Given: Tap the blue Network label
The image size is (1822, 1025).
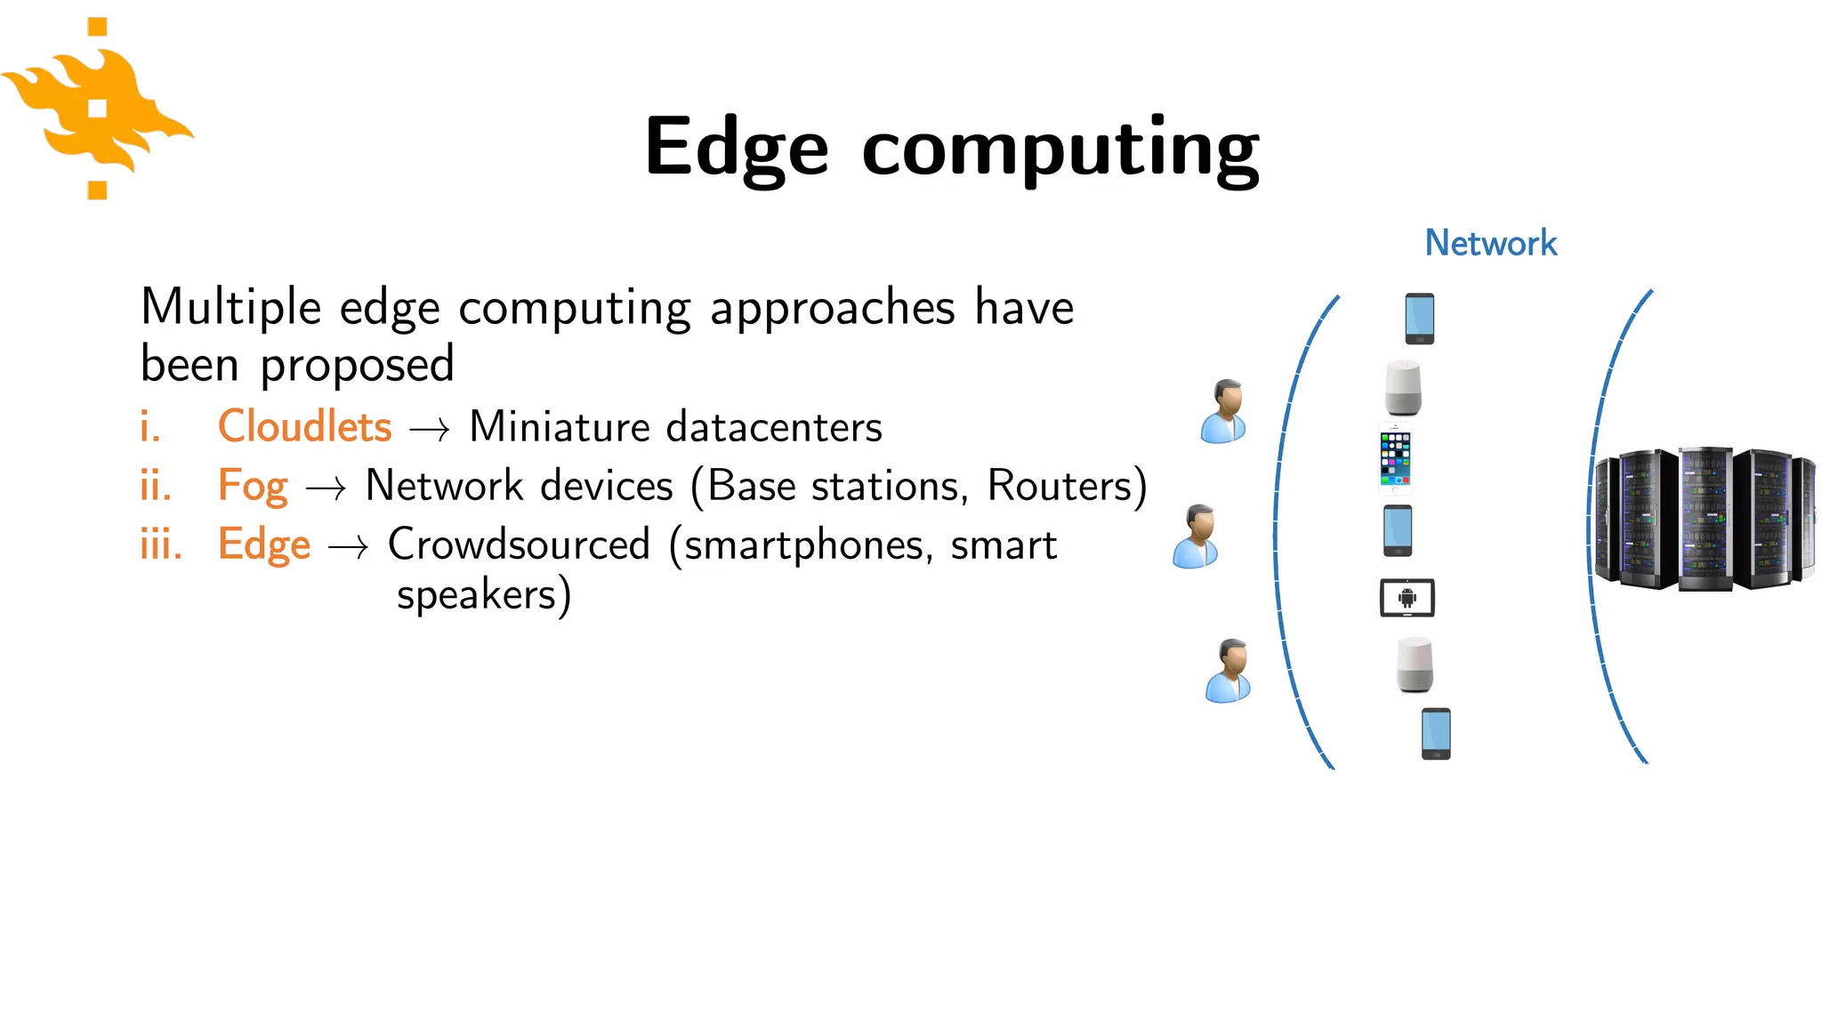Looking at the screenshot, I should pos(1490,243).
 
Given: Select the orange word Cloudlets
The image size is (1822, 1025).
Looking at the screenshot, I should pos(304,426).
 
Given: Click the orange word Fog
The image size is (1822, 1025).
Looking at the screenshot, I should pos(253,487).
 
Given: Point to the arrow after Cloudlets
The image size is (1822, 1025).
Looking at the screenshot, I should pos(430,430).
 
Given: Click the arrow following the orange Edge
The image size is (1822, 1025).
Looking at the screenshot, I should pos(348,547).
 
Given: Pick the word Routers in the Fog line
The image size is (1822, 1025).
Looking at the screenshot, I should pos(1060,486).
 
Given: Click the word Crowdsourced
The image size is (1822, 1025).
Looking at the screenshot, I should pos(519,544).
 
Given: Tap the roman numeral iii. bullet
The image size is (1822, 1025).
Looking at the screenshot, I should pos(161,544).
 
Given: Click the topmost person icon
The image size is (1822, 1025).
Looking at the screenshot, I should pos(1224,411).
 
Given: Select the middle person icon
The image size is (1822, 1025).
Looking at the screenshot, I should pos(1197,537).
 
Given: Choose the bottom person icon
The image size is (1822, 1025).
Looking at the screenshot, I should pos(1229,671).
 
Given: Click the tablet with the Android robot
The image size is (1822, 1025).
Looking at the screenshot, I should pos(1407,598).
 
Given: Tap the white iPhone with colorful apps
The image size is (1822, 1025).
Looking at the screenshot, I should pos(1395,459).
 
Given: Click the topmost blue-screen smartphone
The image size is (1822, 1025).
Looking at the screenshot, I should pos(1419,319).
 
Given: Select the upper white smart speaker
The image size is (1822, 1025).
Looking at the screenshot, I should pos(1403,388).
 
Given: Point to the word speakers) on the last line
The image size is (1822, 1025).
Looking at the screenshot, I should pos(483,595).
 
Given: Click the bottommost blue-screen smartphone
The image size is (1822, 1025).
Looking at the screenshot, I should pos(1436,733).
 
